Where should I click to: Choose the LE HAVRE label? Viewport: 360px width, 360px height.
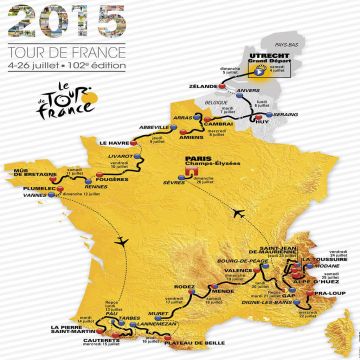118,142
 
